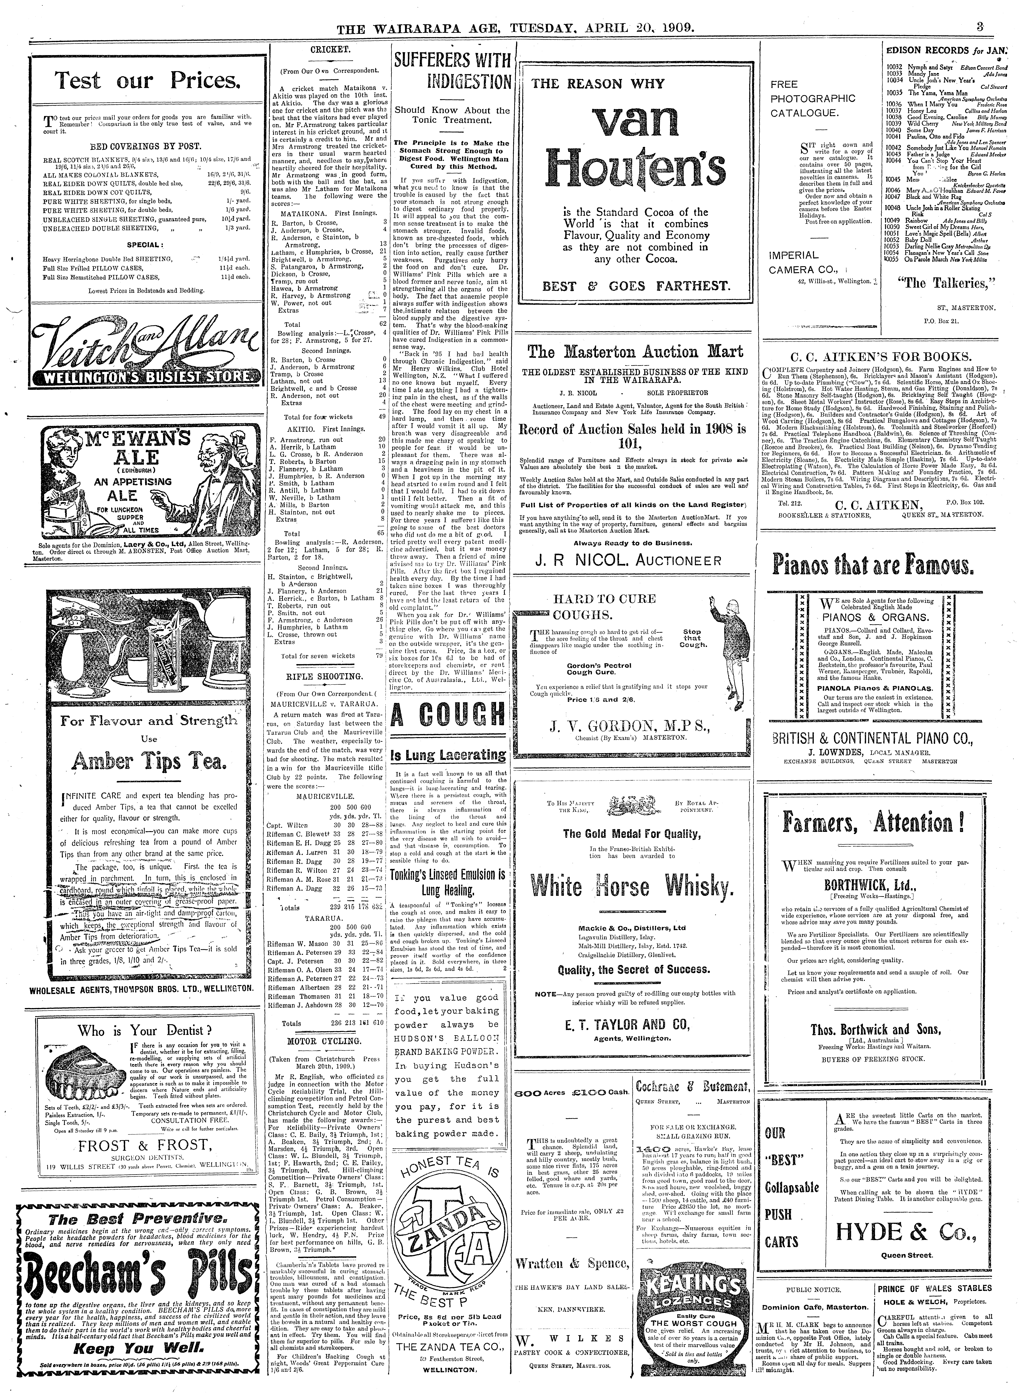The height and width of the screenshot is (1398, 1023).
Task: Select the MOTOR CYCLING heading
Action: point(328,1040)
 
